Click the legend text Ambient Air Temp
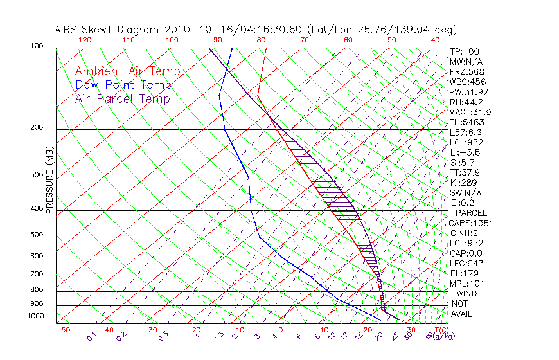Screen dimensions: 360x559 (127, 71)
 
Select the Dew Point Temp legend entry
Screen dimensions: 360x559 (123, 85)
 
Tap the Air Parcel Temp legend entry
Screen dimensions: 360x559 (122, 98)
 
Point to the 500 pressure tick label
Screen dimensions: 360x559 (37, 235)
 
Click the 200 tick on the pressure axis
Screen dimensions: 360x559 (37, 128)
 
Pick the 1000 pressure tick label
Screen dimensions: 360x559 (35, 316)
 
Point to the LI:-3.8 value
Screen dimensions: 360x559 (465, 152)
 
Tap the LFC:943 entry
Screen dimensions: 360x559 (466, 263)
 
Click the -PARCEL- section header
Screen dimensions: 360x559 (471, 213)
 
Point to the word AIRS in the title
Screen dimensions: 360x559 (67, 30)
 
